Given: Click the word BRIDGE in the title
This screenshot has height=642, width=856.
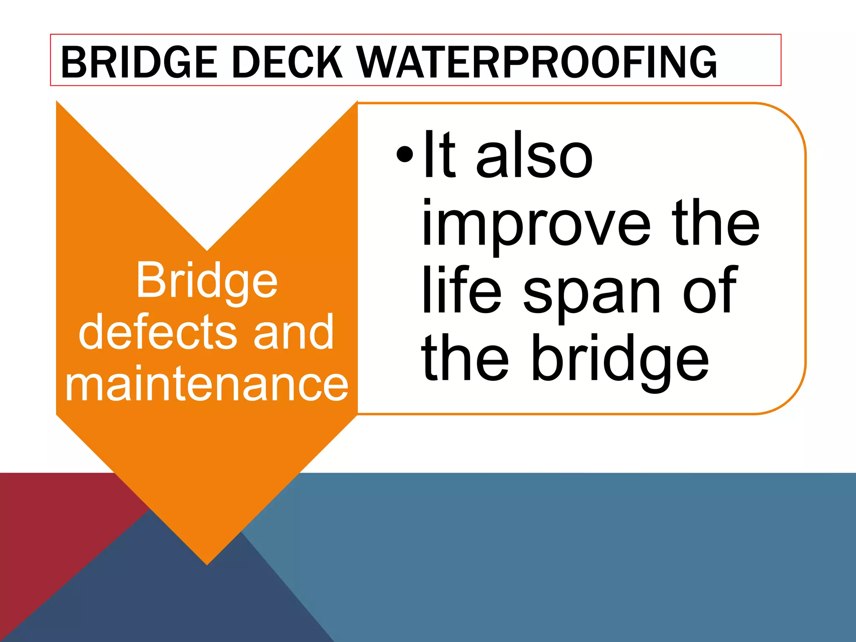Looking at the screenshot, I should [138, 63].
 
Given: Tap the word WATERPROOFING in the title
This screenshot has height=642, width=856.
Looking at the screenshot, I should [537, 63].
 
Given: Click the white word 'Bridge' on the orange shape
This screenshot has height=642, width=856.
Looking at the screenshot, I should [206, 281].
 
